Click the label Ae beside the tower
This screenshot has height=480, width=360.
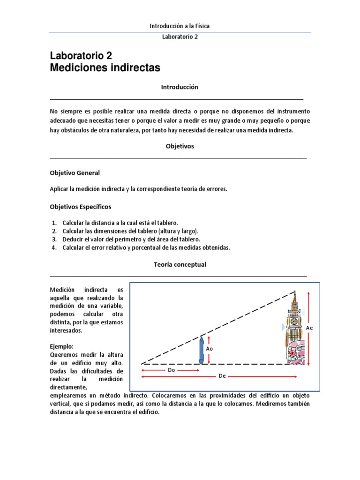[x=309, y=328]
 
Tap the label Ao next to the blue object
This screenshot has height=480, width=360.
[x=210, y=349]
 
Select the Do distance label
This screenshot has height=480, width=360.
[x=171, y=369]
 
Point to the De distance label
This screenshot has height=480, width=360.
[x=222, y=376]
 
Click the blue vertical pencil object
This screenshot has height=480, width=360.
[x=202, y=350]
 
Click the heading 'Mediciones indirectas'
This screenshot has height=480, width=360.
[x=105, y=68]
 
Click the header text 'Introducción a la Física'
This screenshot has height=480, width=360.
[x=180, y=26]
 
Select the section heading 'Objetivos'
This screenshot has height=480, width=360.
[x=180, y=146]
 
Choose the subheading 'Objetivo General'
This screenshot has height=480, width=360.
[x=75, y=173]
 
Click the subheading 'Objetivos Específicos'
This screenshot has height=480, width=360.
[x=81, y=206]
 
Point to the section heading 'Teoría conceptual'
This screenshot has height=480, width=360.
[x=180, y=264]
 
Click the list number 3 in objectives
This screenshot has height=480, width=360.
[x=54, y=239]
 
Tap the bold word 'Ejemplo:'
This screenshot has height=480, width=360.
[x=61, y=346]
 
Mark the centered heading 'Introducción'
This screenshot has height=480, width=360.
[x=180, y=87]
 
